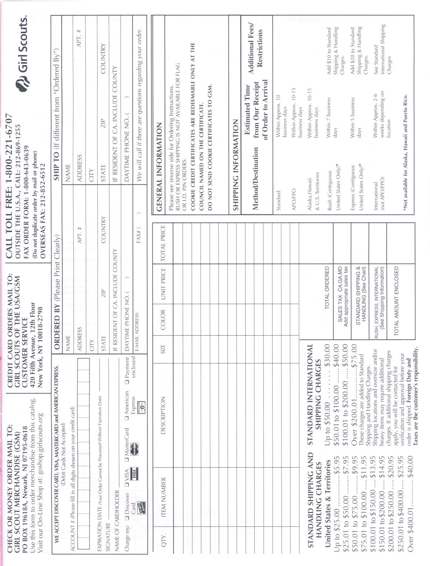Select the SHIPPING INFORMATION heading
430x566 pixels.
coord(235,165)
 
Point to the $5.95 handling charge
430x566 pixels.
coord(337,466)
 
